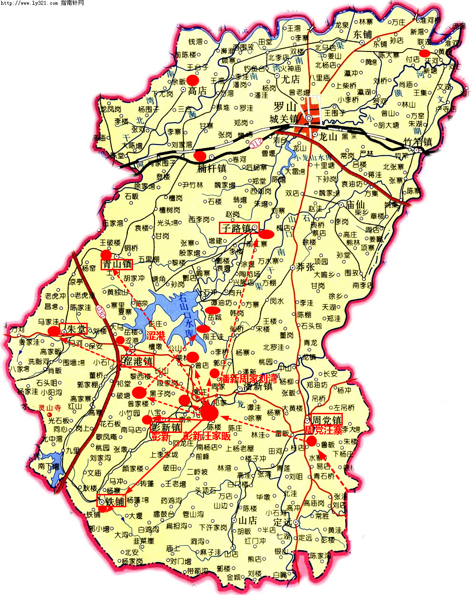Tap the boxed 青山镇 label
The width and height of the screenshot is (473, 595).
pos(117,264)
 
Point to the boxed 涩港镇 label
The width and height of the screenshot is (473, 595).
pos(138,361)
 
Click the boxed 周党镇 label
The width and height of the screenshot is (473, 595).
pos(327,420)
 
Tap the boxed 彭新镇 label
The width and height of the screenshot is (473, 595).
pos(165,427)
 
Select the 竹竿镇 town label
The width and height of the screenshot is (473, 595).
pos(417,142)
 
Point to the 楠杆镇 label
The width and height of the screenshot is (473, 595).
pos(211,168)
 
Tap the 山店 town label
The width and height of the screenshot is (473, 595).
pos(247,520)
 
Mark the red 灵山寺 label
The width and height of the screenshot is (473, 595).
pos(50,408)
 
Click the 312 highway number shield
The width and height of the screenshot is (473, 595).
pos(256,142)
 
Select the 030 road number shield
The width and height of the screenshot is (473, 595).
pos(100,311)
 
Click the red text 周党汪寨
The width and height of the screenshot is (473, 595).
pos(324,431)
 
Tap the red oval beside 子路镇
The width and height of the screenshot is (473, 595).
pos(266,234)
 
